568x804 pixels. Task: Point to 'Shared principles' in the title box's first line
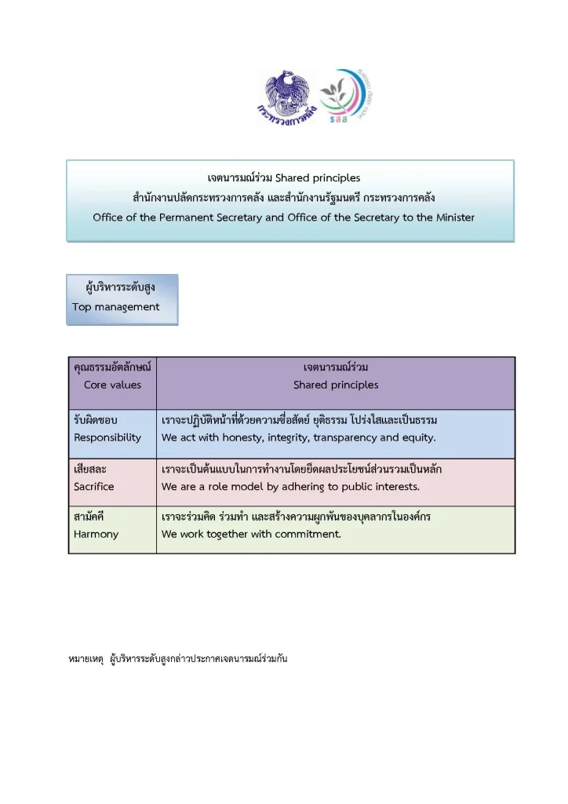pos(318,178)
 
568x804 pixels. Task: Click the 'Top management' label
pos(116,307)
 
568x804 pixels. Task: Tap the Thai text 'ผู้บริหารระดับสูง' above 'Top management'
pos(120,288)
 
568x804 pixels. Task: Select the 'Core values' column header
pos(113,385)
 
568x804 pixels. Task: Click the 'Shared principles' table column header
pos(336,385)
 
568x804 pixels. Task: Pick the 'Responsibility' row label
pos(107,437)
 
